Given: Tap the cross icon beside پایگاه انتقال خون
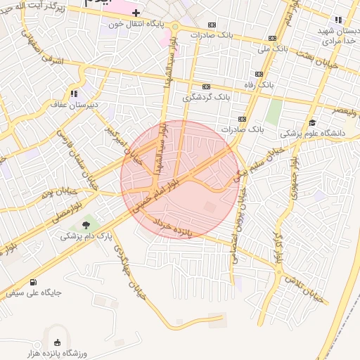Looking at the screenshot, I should tap(136, 13).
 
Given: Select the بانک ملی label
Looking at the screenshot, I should tap(273, 49).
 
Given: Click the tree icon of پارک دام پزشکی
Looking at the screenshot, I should tap(86, 225).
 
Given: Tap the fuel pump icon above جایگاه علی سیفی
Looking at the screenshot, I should tap(34, 282).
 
